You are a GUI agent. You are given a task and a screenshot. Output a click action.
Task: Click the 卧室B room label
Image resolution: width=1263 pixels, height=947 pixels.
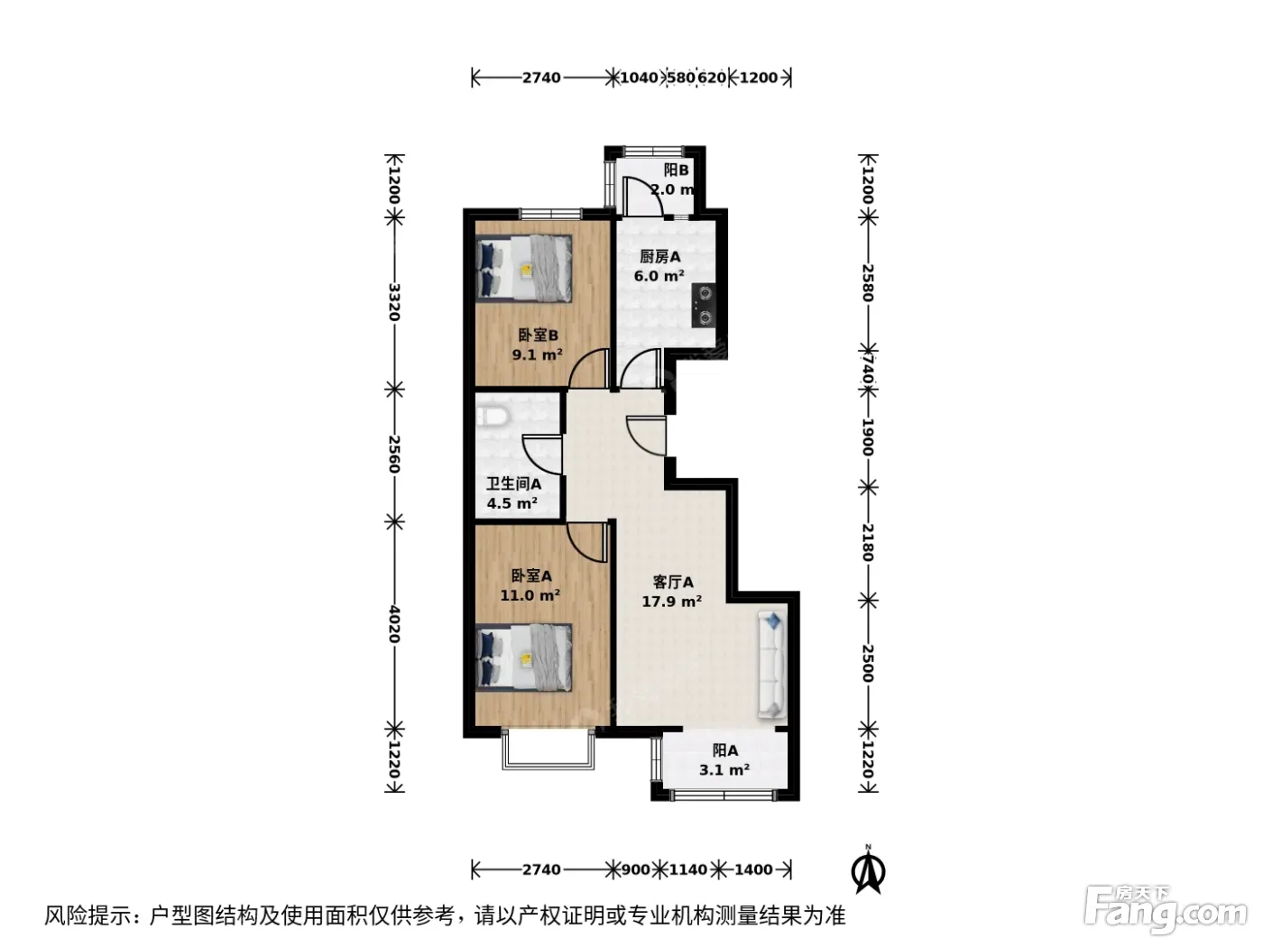point(538,335)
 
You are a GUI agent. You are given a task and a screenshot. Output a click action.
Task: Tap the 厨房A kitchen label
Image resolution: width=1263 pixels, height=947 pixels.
point(659,256)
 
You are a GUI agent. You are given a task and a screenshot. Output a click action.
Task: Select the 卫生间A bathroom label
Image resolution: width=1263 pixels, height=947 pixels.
point(513,484)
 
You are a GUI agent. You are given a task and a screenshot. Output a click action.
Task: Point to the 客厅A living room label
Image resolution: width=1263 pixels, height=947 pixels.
point(673,582)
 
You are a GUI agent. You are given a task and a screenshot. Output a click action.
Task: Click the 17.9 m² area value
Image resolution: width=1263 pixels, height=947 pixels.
point(671,602)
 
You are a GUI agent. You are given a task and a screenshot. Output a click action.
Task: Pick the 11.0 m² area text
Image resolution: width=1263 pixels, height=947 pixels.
point(530,595)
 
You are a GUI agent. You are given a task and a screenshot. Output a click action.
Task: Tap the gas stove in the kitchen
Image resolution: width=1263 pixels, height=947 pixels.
point(705,306)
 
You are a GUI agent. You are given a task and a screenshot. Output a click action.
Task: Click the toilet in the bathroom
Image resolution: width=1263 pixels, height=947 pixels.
point(491,417)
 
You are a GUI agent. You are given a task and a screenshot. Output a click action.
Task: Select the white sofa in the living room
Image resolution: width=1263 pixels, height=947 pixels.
point(772,665)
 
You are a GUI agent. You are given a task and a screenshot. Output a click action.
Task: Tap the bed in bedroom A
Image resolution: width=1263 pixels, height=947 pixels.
point(524,657)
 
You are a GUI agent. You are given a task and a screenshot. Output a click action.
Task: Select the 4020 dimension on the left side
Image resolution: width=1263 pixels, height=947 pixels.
point(394,624)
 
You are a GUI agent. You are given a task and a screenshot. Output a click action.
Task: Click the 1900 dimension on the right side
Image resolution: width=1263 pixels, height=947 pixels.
point(868,437)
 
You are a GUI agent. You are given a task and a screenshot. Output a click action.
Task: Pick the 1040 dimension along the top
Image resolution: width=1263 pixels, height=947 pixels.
point(639,77)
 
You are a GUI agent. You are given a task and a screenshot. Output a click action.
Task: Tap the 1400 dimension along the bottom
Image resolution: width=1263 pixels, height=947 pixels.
point(753,869)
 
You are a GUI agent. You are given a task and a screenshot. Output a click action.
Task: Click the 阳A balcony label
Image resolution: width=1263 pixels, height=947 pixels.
point(725,750)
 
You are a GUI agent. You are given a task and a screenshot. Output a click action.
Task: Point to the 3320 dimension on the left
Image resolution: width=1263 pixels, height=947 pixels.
point(394,302)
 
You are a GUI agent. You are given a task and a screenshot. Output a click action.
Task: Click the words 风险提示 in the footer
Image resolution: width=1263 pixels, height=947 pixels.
point(88,916)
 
